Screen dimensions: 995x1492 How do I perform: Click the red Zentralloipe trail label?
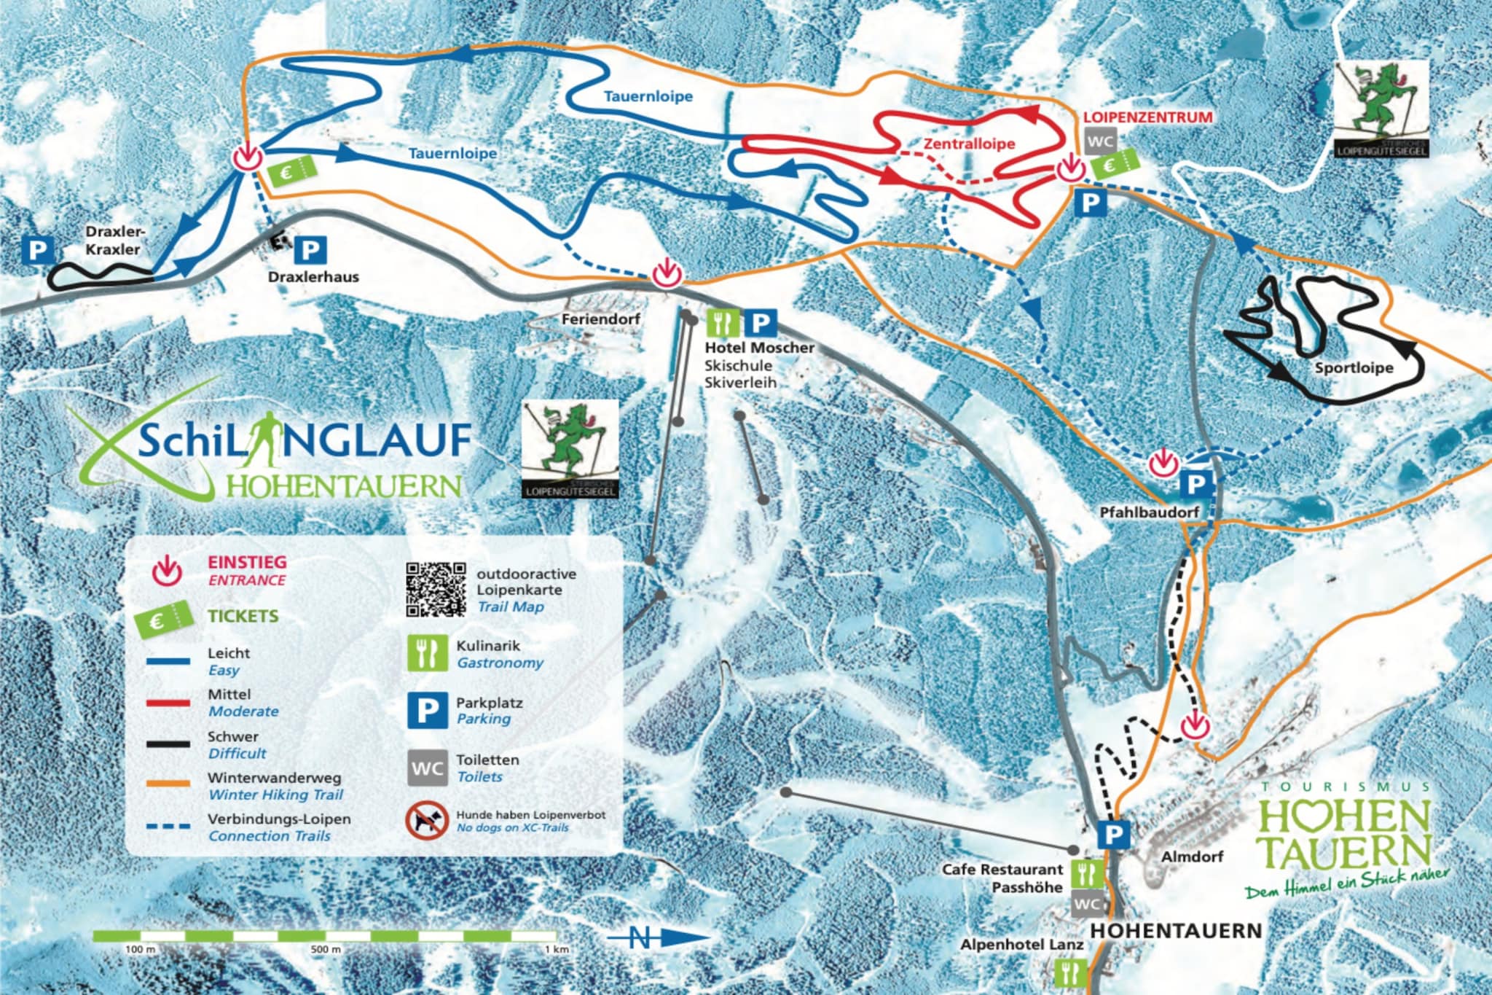tap(969, 144)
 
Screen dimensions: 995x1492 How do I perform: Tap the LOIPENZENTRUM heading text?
tap(1148, 117)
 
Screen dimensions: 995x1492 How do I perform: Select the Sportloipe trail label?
tap(1354, 368)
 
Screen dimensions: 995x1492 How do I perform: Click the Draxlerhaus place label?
tap(313, 277)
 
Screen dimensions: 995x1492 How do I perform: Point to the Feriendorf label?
tap(600, 319)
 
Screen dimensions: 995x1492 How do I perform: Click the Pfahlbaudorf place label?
tap(1149, 512)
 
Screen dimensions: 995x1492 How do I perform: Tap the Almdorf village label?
tap(1192, 857)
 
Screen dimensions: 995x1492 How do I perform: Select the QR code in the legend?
tap(436, 590)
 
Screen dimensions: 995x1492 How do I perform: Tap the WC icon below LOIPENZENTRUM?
tap(1100, 141)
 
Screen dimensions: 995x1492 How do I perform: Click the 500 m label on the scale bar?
tap(326, 950)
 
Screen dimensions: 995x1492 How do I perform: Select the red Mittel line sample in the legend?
tap(168, 703)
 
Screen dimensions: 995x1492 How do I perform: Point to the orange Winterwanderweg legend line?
tap(168, 784)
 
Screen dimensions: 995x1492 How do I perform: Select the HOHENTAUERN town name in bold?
tap(1176, 931)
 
